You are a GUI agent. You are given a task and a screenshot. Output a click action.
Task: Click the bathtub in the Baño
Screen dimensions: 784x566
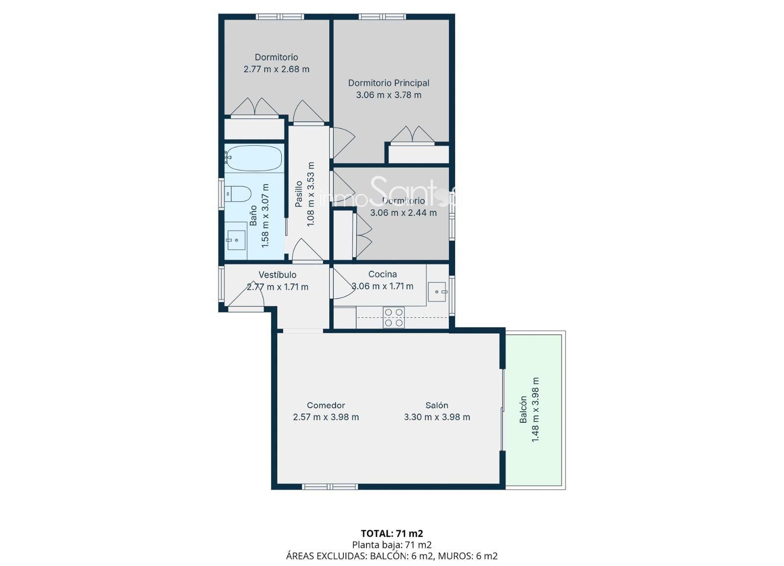tap(254, 158)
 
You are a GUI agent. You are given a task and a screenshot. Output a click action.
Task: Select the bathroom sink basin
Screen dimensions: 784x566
tap(236, 240)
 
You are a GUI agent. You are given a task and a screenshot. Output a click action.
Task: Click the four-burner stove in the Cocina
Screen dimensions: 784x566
tap(394, 317)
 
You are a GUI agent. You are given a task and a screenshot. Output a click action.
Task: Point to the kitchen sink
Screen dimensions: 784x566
tap(437, 292)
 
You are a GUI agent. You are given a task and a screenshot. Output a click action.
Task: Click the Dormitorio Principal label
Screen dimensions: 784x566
tap(389, 83)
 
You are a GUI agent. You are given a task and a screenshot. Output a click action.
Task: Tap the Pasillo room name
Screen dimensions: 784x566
tap(298, 194)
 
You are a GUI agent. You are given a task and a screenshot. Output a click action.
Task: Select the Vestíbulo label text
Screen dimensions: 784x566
tap(277, 275)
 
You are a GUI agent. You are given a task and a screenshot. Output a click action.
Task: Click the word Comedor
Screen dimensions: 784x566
tap(326, 405)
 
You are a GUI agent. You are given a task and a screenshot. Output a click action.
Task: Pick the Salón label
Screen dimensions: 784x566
tap(437, 405)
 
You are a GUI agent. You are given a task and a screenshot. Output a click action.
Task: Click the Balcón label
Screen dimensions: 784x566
tap(523, 410)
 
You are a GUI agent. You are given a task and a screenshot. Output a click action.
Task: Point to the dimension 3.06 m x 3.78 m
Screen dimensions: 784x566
tap(389, 95)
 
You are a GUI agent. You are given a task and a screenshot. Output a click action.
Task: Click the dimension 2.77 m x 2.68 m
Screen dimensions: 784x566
tap(276, 69)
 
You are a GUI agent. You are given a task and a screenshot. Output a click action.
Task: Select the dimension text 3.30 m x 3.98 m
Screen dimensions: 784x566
tap(437, 417)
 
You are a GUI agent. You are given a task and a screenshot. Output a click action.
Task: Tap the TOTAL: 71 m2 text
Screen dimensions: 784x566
tap(392, 534)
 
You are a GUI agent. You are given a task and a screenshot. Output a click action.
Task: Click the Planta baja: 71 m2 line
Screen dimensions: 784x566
tap(392, 544)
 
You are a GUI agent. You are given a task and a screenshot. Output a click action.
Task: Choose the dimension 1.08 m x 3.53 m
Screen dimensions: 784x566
tap(311, 194)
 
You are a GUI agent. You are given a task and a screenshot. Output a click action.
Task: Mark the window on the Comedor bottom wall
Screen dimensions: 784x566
tap(330, 487)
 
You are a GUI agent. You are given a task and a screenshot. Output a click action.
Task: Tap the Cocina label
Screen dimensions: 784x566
tap(383, 274)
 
